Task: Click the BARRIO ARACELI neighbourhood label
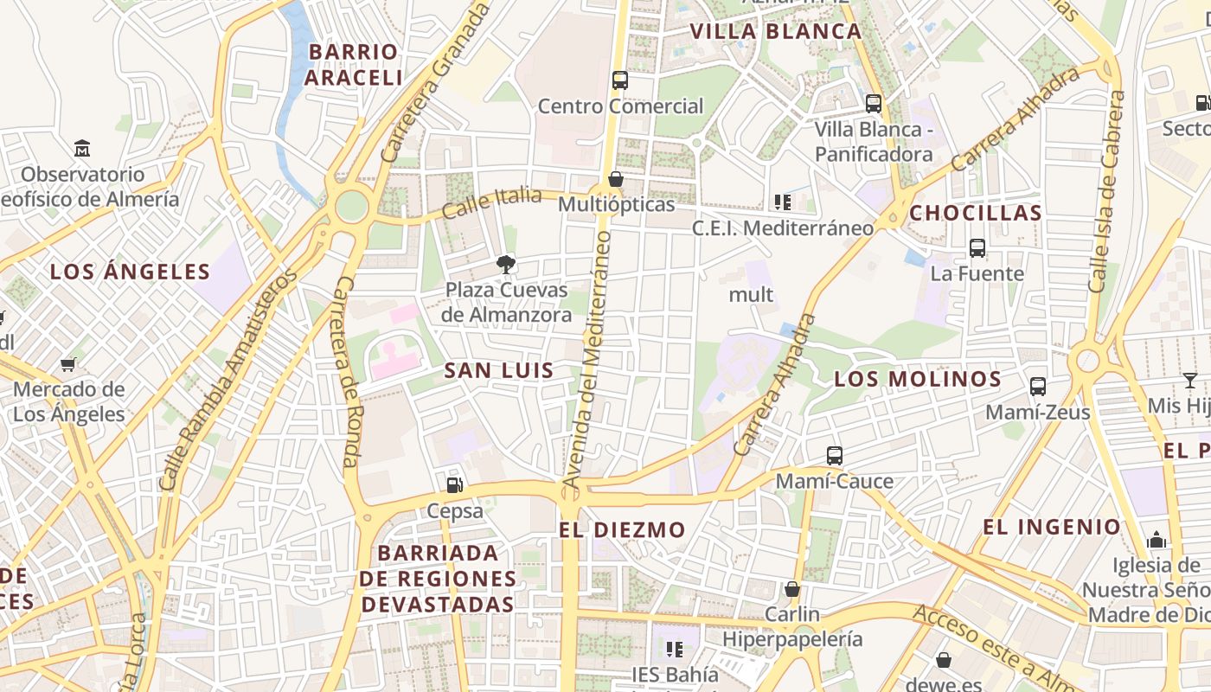tap(353, 64)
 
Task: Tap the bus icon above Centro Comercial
tap(619, 80)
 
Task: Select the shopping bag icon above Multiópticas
tap(616, 179)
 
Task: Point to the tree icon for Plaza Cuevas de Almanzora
tap(506, 264)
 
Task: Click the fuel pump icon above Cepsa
tap(455, 485)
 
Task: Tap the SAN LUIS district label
tap(498, 370)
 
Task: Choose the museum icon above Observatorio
tap(82, 148)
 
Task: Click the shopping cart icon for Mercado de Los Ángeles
tap(68, 364)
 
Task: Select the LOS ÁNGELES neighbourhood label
tap(130, 272)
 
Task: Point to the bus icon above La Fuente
tap(977, 248)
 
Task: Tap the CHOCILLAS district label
tap(976, 213)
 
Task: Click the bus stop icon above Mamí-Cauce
tap(834, 455)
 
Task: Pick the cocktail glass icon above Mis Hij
tap(1190, 380)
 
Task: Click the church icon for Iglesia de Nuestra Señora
tap(1157, 541)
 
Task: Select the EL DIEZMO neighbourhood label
tap(622, 529)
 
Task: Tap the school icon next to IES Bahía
tap(675, 649)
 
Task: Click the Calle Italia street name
tap(491, 203)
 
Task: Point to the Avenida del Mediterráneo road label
tap(586, 359)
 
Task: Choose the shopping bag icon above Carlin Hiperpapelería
tap(792, 589)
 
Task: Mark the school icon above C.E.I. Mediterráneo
tap(783, 202)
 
